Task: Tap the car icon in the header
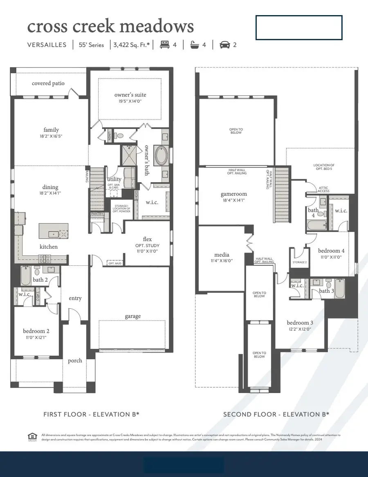[x=224, y=45]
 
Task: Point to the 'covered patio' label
[x=48, y=83]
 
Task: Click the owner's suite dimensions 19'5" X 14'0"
[x=130, y=101]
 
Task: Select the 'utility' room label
[x=114, y=179]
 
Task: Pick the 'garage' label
[x=132, y=316]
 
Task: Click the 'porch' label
[x=75, y=360]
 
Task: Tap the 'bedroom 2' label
[x=36, y=331]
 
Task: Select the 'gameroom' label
[x=234, y=194]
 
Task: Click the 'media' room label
[x=222, y=254]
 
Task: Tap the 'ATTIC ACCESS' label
[x=323, y=190]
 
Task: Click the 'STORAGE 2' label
[x=299, y=262]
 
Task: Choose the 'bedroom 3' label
[x=301, y=323]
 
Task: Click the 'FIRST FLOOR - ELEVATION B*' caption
[x=91, y=414]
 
